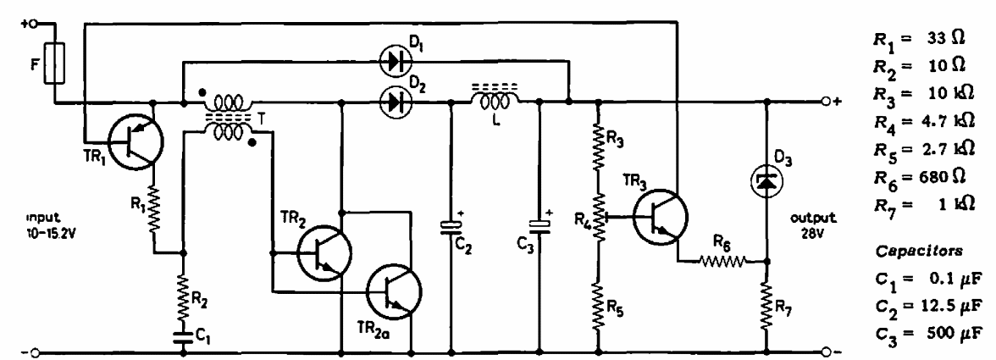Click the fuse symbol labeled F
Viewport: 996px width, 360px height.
[54, 64]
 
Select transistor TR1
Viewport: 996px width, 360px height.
[135, 144]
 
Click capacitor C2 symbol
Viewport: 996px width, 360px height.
[451, 227]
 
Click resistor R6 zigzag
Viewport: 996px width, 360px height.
[723, 261]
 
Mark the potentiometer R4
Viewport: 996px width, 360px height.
[597, 218]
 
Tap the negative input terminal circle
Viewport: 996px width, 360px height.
[36, 352]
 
